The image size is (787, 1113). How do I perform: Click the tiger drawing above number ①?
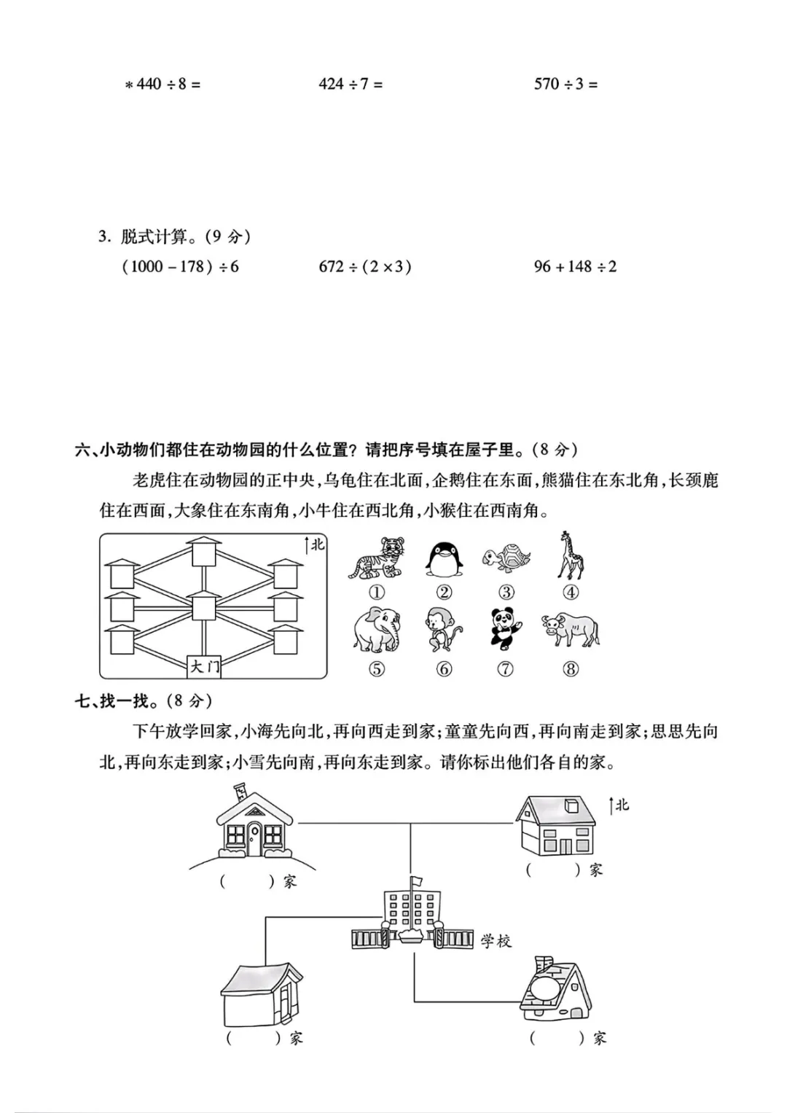(377, 559)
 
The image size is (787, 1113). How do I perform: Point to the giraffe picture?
(571, 555)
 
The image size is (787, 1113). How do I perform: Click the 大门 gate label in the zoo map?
(204, 665)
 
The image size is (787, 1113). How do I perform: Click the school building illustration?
(411, 918)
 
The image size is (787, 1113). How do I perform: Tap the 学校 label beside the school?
(496, 941)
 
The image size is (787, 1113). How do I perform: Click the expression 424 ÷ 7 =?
(351, 85)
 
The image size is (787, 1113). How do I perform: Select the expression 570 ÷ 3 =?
(565, 85)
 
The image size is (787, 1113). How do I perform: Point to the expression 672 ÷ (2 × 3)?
(365, 267)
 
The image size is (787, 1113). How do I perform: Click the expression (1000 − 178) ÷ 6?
(181, 267)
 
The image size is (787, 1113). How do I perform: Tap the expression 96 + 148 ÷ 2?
(575, 267)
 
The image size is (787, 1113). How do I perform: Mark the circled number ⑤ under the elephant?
(377, 668)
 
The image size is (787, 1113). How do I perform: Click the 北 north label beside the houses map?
(622, 805)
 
